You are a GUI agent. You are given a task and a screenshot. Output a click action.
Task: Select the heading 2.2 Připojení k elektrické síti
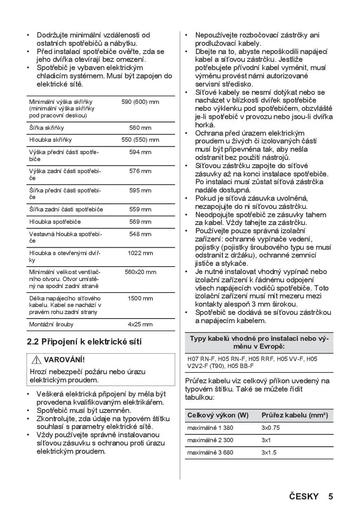[x=84, y=342]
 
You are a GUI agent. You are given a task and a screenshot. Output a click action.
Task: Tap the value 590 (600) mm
[x=140, y=102]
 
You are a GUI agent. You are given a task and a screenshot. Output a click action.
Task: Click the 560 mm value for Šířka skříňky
[x=140, y=128]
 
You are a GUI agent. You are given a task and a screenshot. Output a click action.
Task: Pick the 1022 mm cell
[x=140, y=253]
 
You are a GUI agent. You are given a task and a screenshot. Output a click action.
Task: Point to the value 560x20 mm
[x=140, y=272]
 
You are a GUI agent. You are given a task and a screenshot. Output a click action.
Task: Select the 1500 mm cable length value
[x=140, y=298]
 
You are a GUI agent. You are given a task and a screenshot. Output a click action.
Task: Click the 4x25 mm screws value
[x=140, y=324]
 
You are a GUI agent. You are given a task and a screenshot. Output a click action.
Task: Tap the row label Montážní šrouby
[x=51, y=324]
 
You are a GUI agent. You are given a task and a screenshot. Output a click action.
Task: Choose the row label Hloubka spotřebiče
[x=55, y=222]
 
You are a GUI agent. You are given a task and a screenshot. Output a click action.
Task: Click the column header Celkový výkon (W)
[x=218, y=415]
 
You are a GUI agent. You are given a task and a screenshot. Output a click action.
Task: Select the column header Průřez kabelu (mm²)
[x=295, y=415]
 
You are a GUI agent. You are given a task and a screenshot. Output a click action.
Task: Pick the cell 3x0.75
[x=271, y=428]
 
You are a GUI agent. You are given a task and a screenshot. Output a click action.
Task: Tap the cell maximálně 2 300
[x=210, y=440]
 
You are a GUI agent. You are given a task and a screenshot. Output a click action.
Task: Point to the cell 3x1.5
[x=269, y=452]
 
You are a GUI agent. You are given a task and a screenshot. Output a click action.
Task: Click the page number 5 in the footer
[x=330, y=496]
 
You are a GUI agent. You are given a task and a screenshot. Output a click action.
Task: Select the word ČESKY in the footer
[x=304, y=496]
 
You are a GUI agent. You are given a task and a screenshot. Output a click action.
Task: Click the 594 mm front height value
[x=140, y=152]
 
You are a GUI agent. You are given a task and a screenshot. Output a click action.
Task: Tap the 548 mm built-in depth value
[x=140, y=234]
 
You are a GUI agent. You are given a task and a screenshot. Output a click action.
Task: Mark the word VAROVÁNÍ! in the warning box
[x=64, y=360]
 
